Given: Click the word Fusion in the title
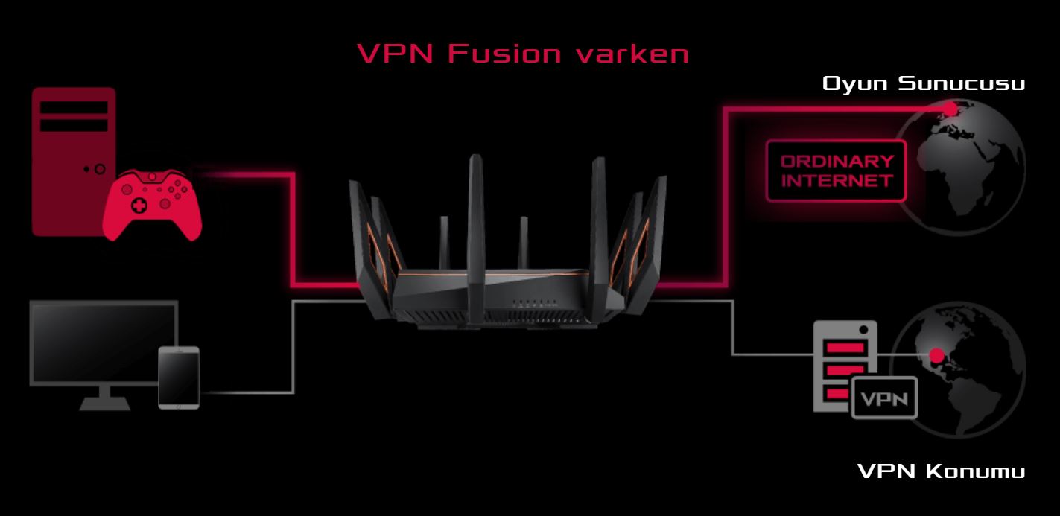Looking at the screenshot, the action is [504, 54].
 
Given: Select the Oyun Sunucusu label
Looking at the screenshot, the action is [923, 83].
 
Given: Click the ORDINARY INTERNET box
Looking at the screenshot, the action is [837, 171].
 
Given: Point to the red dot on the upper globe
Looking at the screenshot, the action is [950, 109].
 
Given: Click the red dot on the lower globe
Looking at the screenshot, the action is [936, 355].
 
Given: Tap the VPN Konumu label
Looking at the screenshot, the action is [941, 471].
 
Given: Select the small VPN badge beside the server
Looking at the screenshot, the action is [884, 398].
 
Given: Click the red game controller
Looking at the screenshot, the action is [152, 205].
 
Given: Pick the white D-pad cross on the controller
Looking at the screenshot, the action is [139, 206].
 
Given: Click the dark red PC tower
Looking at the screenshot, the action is [73, 161].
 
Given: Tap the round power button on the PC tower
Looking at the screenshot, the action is [100, 169].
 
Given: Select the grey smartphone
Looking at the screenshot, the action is [179, 378].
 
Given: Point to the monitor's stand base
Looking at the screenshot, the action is [104, 404].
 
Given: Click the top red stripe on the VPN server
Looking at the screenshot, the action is [845, 348].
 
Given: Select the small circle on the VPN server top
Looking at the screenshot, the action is [863, 330].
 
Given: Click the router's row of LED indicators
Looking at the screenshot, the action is [534, 302].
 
